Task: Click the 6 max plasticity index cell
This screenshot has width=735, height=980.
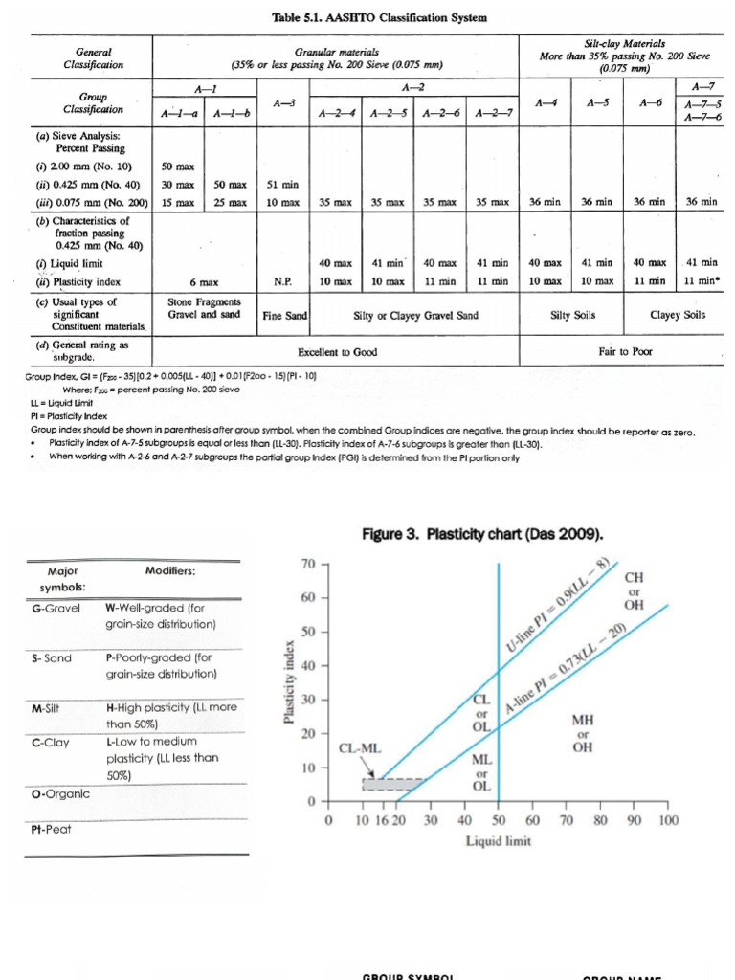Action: [204, 283]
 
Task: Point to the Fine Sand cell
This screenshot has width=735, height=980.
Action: [283, 315]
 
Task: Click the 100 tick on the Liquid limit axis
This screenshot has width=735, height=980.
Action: [668, 821]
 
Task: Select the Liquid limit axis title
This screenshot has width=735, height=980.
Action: [498, 841]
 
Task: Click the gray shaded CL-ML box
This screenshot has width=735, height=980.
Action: [392, 784]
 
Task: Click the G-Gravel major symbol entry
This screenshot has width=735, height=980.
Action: [56, 608]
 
